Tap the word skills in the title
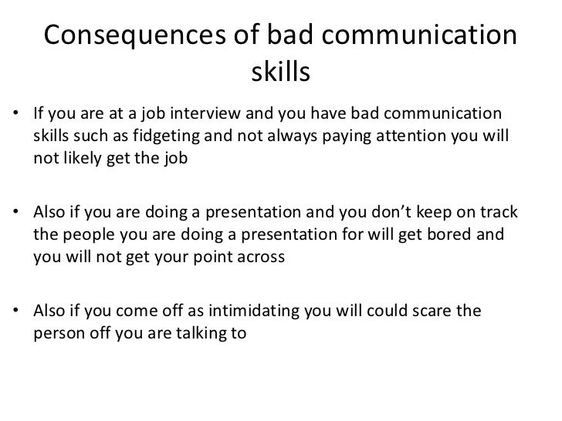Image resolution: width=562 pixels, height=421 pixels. [280, 75]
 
